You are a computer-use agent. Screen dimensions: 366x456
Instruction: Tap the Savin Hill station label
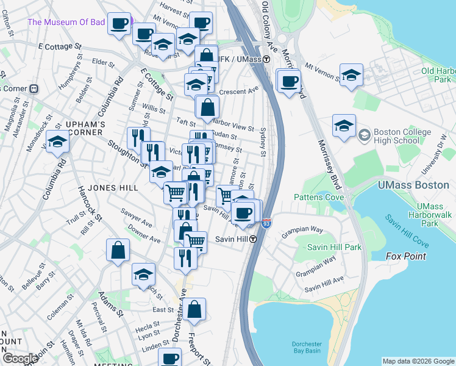point(232,239)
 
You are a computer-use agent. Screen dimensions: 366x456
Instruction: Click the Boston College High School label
point(399,138)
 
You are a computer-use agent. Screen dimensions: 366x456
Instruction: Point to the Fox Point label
point(406,256)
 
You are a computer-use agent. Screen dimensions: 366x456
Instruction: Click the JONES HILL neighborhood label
point(112,188)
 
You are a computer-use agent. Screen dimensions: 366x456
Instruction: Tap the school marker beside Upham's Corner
point(57,143)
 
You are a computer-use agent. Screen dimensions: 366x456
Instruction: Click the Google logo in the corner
point(20,359)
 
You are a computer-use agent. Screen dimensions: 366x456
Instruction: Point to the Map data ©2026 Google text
point(418,361)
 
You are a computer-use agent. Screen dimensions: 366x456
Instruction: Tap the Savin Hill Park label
point(334,247)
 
